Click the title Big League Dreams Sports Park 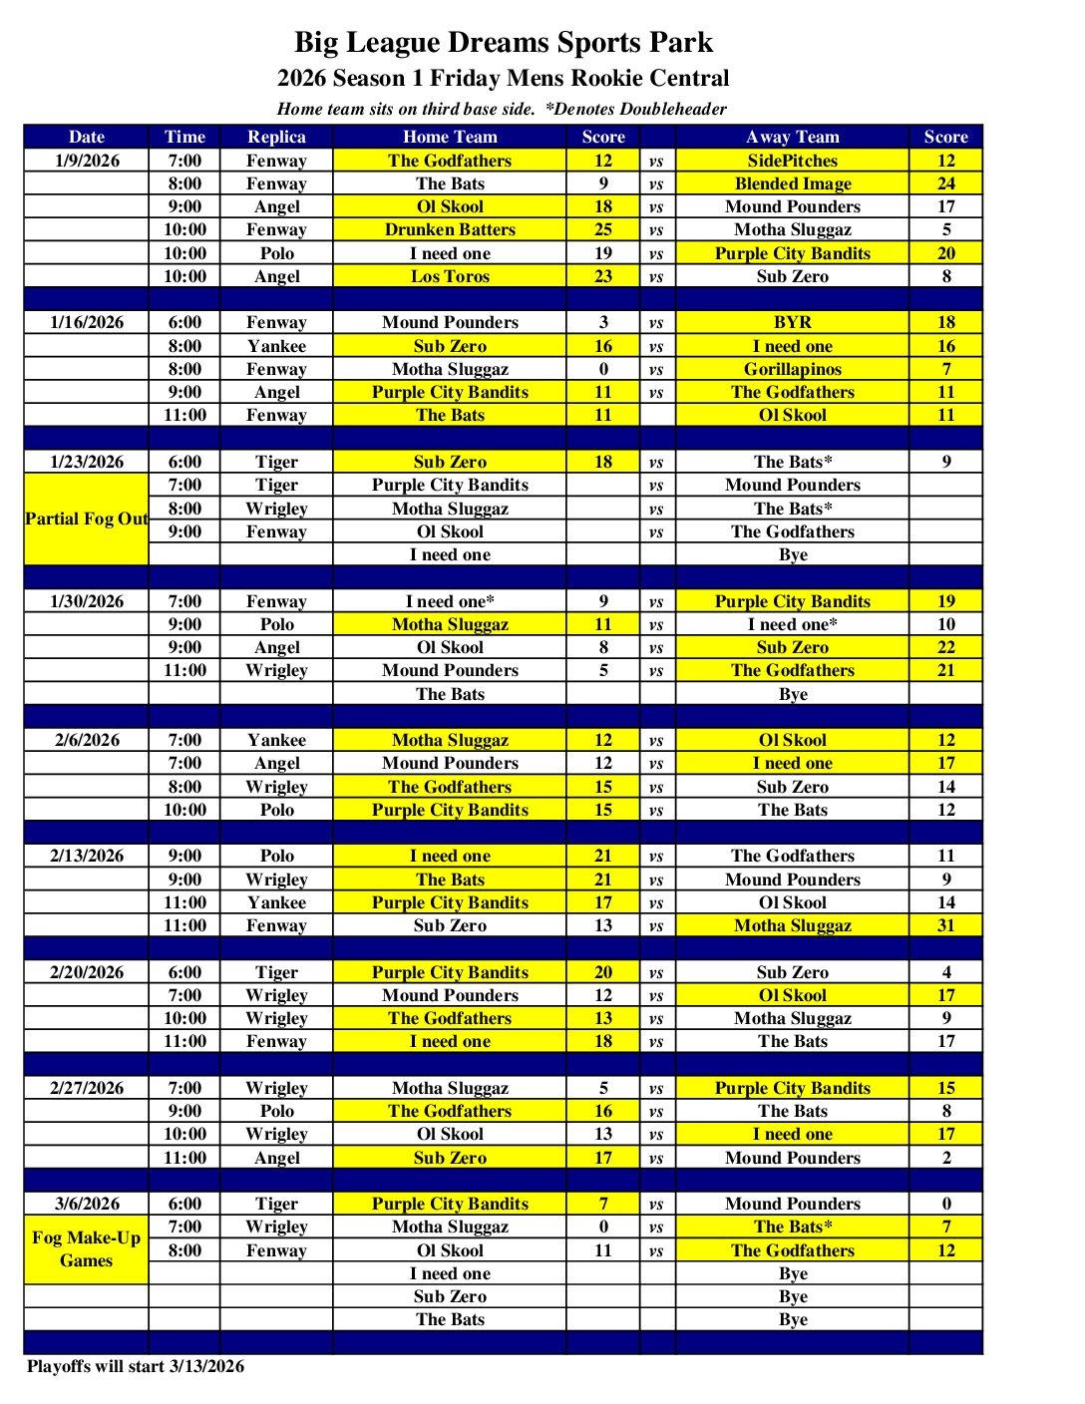tap(503, 43)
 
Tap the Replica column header tap(276, 137)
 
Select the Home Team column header tap(450, 137)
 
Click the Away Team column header tap(792, 137)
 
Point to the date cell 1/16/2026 tap(87, 322)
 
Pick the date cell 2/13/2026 tap(87, 856)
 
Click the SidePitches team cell tap(792, 161)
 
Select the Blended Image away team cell tap(792, 183)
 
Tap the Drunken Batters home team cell tap(450, 229)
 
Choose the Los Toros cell tap(450, 276)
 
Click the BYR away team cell tap(792, 322)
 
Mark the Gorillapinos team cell tap(792, 369)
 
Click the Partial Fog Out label tap(87, 519)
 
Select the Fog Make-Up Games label tap(87, 1248)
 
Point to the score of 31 tap(945, 925)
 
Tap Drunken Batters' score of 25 tap(603, 229)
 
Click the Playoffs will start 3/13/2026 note tap(136, 1366)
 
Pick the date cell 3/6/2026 tap(87, 1204)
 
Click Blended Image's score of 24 tap(945, 183)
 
